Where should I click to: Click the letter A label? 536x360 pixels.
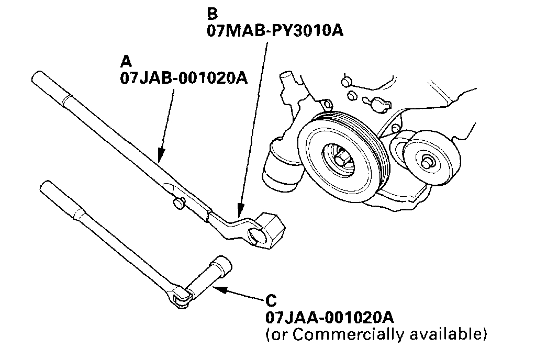126,62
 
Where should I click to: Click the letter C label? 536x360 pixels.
271,301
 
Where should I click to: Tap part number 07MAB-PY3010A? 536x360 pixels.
275,30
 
